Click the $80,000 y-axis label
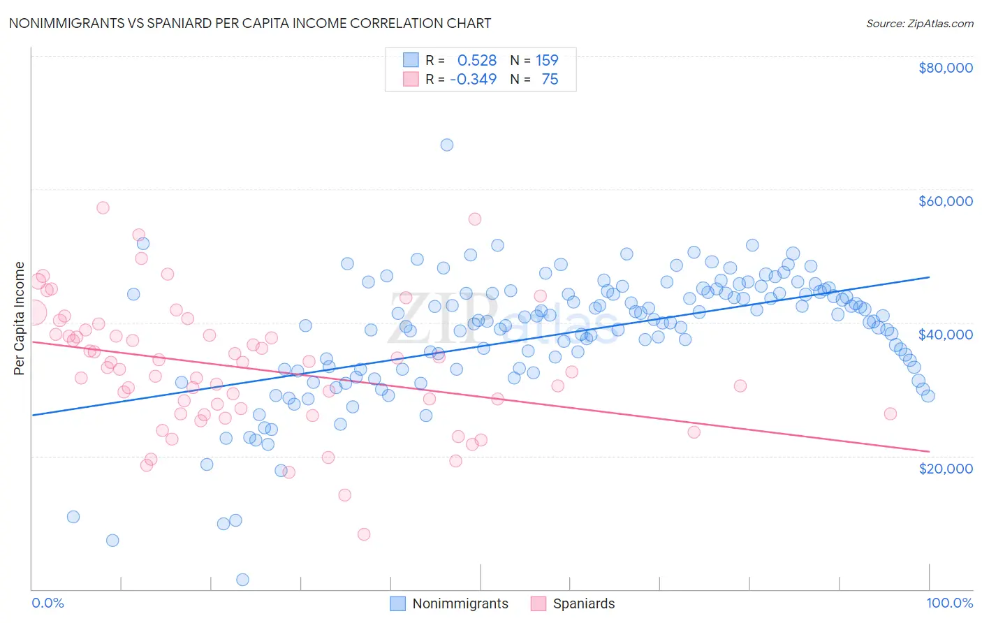click(x=945, y=68)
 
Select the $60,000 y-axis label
click(x=945, y=201)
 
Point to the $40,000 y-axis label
click(x=945, y=335)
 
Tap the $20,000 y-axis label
click(x=945, y=468)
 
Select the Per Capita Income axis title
click(x=20, y=318)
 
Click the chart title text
click(x=249, y=23)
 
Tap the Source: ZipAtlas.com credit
click(x=919, y=23)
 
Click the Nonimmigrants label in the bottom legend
click(x=460, y=604)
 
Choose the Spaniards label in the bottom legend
click(x=584, y=604)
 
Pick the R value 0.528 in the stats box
click(x=477, y=61)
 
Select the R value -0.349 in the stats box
click(x=474, y=80)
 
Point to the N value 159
click(x=547, y=61)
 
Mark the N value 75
click(x=550, y=80)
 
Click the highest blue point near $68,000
click(x=447, y=145)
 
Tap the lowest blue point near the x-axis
click(x=242, y=580)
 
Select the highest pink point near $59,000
click(x=103, y=207)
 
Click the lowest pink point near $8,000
click(x=364, y=534)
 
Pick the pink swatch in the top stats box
click(x=411, y=80)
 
